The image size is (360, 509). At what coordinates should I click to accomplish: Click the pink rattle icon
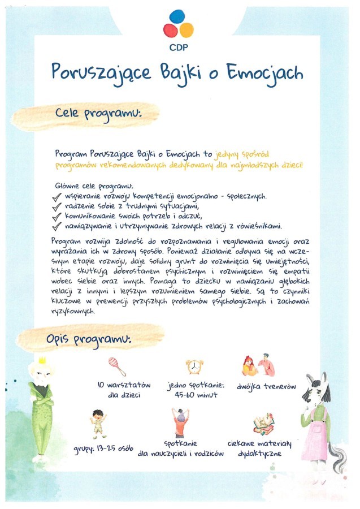[x=116, y=365]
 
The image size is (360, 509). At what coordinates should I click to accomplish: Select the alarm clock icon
[x=194, y=366]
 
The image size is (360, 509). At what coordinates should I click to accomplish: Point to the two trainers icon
[x=259, y=366]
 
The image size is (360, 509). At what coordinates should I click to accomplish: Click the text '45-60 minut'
[x=196, y=395]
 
